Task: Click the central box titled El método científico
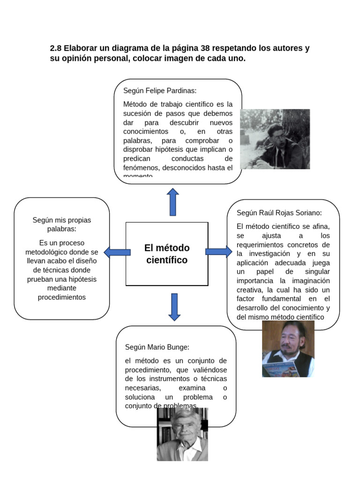[x=166, y=254]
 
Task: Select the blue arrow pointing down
[x=174, y=307]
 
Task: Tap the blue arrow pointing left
[x=117, y=252]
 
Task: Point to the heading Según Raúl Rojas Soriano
[x=279, y=213]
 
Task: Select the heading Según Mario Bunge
[x=157, y=347]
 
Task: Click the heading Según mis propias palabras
[x=62, y=225]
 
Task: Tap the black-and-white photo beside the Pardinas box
[x=275, y=139]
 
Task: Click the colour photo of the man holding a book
[x=288, y=349]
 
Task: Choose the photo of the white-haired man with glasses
[x=182, y=434]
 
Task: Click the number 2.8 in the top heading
[x=56, y=48]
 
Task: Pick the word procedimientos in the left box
[x=62, y=297]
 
